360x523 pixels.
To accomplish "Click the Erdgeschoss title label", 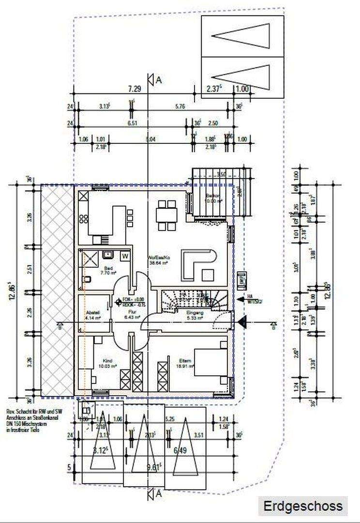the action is coord(303,507).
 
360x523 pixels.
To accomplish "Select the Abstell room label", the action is coord(92,313).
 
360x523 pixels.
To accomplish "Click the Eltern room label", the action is coord(185,361).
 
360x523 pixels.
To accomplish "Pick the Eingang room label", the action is coord(195,313).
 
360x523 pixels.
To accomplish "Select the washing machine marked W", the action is coord(124,255).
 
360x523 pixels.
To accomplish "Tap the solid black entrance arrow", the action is coord(242,320).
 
